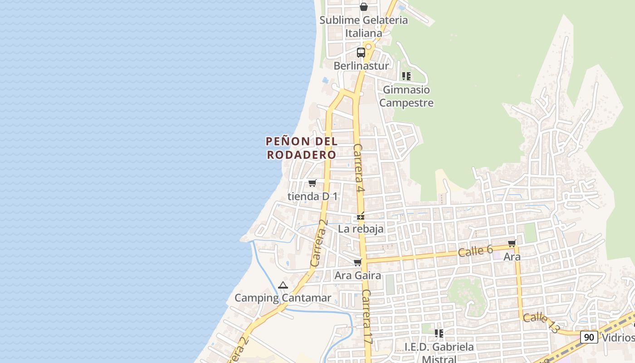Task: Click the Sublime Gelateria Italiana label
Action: coord(364,26)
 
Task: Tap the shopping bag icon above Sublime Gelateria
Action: coord(363,7)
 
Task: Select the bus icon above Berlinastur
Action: coord(361,53)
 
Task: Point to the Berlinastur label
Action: coord(361,66)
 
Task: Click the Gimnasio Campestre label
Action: coord(406,96)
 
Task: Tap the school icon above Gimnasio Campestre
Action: coord(406,76)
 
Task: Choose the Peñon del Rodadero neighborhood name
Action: coord(302,148)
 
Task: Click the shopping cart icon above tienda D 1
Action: coord(312,183)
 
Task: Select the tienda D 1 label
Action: coord(313,196)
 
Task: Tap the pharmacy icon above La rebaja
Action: coord(361,216)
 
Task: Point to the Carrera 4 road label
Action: coord(359,168)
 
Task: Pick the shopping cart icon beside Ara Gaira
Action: coord(358,262)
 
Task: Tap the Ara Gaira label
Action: coord(358,275)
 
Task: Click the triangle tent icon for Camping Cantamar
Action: coord(283,285)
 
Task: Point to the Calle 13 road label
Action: coord(541,322)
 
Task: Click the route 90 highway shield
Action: coord(589,337)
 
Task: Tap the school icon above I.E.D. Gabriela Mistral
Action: coord(439,334)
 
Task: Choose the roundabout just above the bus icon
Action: coord(368,46)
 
